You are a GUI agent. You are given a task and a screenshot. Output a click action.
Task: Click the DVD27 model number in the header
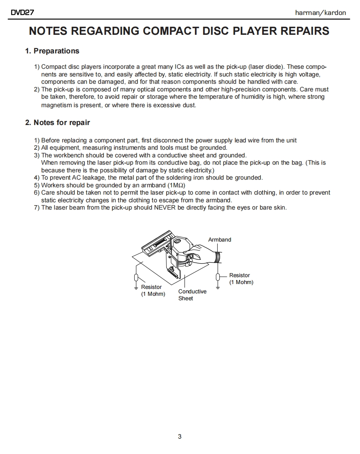click(x=22, y=13)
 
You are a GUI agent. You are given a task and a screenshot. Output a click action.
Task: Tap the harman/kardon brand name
click(x=320, y=13)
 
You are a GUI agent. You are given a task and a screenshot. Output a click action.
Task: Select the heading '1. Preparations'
click(x=52, y=51)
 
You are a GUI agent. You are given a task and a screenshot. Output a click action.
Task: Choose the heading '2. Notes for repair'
click(x=57, y=123)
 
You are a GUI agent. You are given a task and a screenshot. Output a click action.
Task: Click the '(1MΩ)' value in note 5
click(x=176, y=185)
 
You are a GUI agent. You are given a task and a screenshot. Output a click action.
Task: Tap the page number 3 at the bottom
click(x=180, y=437)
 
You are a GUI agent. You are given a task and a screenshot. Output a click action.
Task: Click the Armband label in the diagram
click(x=220, y=240)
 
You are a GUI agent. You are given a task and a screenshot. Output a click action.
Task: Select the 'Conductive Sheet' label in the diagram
click(x=192, y=295)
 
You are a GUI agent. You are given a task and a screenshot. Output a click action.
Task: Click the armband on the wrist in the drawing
click(x=218, y=257)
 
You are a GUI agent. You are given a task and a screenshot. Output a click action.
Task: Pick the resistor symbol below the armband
click(x=218, y=277)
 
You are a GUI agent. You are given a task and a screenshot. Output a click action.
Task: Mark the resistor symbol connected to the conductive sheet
click(x=136, y=278)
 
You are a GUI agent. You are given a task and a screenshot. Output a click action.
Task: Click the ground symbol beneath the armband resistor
click(x=218, y=288)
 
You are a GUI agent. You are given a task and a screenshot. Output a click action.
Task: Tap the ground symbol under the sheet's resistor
click(x=136, y=288)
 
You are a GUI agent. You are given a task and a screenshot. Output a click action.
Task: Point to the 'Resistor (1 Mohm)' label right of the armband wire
click(x=241, y=279)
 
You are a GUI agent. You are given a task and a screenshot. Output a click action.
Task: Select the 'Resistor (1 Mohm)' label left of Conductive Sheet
click(x=153, y=291)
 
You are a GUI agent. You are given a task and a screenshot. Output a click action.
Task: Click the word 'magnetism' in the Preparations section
click(x=55, y=105)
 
